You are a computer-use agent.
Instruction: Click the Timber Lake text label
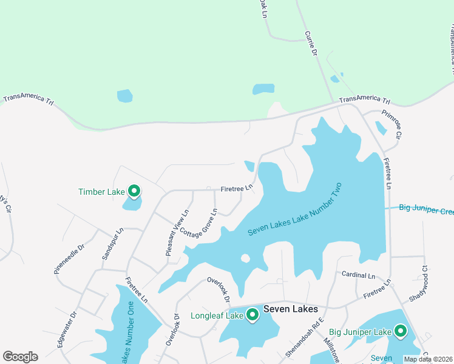(101, 192)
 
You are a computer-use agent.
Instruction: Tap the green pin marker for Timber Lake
(134, 192)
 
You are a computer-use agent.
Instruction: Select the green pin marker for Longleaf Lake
(252, 314)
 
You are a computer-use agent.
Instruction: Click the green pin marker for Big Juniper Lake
(400, 331)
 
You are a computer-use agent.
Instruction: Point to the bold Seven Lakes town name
(288, 309)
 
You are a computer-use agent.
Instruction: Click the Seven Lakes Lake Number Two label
(295, 210)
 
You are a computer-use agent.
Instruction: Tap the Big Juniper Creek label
(426, 209)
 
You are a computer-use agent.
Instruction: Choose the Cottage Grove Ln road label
(198, 224)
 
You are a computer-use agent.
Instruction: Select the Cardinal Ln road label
(359, 275)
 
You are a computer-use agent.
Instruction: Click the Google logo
(20, 357)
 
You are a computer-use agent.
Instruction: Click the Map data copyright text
(427, 359)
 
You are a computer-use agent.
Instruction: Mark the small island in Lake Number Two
(246, 258)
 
